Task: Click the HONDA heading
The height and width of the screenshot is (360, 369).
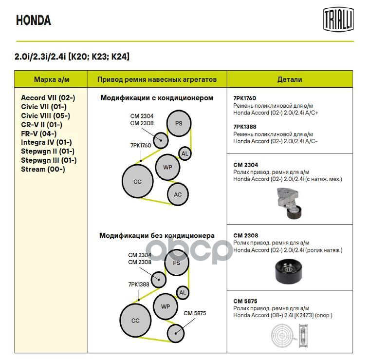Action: [33, 20]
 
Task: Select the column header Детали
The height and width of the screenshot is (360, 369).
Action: [289, 79]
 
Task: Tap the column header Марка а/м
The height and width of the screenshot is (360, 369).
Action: [51, 79]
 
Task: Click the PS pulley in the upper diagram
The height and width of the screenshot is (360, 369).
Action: [179, 123]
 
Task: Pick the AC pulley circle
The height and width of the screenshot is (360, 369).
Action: [178, 195]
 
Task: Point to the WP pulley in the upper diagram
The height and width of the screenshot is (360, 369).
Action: [167, 168]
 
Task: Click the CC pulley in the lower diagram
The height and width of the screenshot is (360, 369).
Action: [135, 321]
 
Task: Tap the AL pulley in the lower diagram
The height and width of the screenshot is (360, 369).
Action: [183, 293]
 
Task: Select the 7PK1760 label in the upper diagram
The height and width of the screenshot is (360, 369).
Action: [140, 145]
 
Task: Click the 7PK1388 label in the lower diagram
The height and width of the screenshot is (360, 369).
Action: [139, 284]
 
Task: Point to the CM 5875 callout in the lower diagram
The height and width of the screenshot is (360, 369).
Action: [195, 313]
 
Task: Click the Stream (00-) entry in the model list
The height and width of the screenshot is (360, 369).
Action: [43, 169]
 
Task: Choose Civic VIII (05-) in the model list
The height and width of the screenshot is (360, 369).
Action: [45, 115]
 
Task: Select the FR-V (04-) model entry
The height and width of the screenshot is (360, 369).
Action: [38, 133]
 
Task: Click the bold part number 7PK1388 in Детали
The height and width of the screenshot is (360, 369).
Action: [244, 126]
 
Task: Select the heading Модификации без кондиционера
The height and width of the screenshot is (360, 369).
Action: [157, 236]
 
